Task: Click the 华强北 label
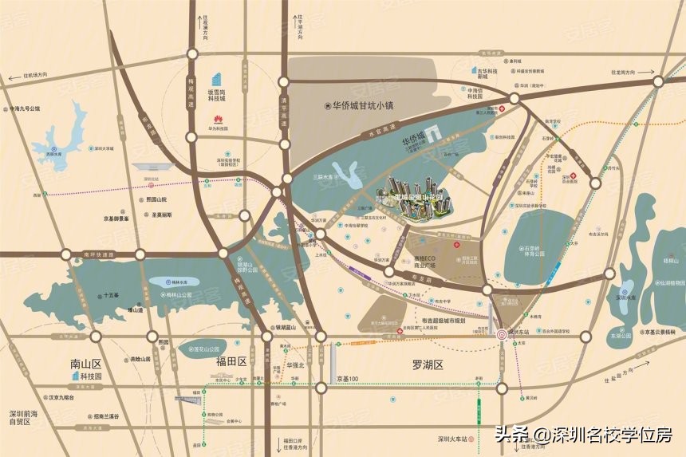click(296, 365)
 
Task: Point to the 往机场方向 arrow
click(27, 78)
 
